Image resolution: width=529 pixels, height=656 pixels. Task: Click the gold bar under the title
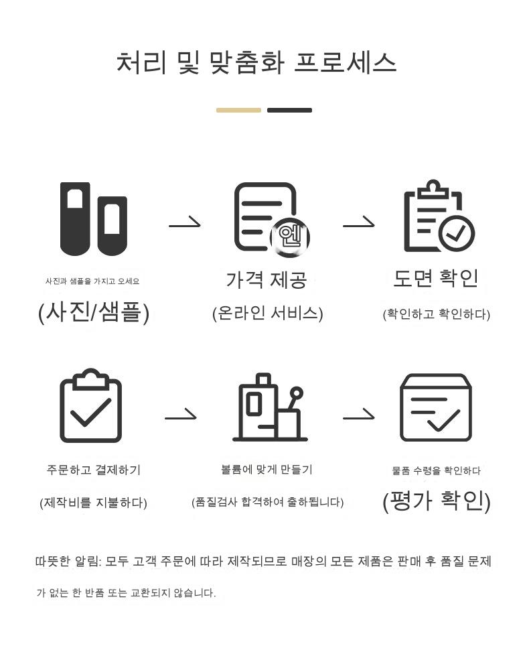tap(238, 110)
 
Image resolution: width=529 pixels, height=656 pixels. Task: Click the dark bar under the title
tap(289, 110)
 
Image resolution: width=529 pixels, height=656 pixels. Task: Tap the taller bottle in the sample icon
tap(75, 218)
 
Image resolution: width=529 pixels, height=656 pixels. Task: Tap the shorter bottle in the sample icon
tap(112, 225)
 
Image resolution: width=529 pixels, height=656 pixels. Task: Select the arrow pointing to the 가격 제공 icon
tap(185, 223)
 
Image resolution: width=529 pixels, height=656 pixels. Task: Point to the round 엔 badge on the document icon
tap(289, 236)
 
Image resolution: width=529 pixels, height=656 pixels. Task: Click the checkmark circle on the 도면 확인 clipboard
tap(456, 233)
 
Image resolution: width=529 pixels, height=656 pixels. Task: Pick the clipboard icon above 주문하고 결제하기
tap(91, 406)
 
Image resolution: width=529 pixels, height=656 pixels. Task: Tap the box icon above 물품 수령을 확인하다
tap(435, 407)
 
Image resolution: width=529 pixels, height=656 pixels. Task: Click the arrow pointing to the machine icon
tap(181, 417)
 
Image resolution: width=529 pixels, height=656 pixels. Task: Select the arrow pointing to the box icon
tap(358, 417)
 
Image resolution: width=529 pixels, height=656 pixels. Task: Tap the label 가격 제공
tap(266, 279)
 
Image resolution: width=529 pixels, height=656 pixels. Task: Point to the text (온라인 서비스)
tap(267, 313)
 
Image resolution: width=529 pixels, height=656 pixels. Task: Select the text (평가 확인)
tap(437, 501)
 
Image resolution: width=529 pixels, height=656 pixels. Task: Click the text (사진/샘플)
tap(94, 312)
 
